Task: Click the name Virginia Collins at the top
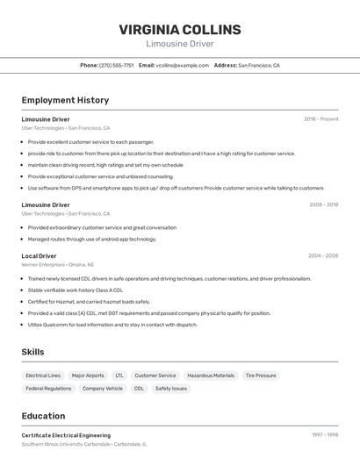coord(179,30)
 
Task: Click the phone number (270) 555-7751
coord(116,65)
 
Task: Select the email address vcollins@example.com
coord(182,65)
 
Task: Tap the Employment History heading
coord(65,100)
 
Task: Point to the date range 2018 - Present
coord(320,119)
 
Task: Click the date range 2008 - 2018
coord(323,205)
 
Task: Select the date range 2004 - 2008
coord(323,256)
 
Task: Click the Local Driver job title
coord(39,256)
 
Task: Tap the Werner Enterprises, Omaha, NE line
coord(57,264)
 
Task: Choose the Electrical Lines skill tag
coord(43,376)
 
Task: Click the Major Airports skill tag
coord(88,376)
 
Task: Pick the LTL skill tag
coord(119,376)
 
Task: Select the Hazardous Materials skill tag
coord(211,376)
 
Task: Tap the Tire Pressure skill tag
coord(261,376)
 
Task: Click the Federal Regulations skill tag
coord(48,388)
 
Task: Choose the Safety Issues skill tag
coord(171,388)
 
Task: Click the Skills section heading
coord(33,352)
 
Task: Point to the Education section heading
coord(43,416)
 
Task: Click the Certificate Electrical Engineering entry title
coord(66,435)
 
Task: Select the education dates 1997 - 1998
coord(324,435)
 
